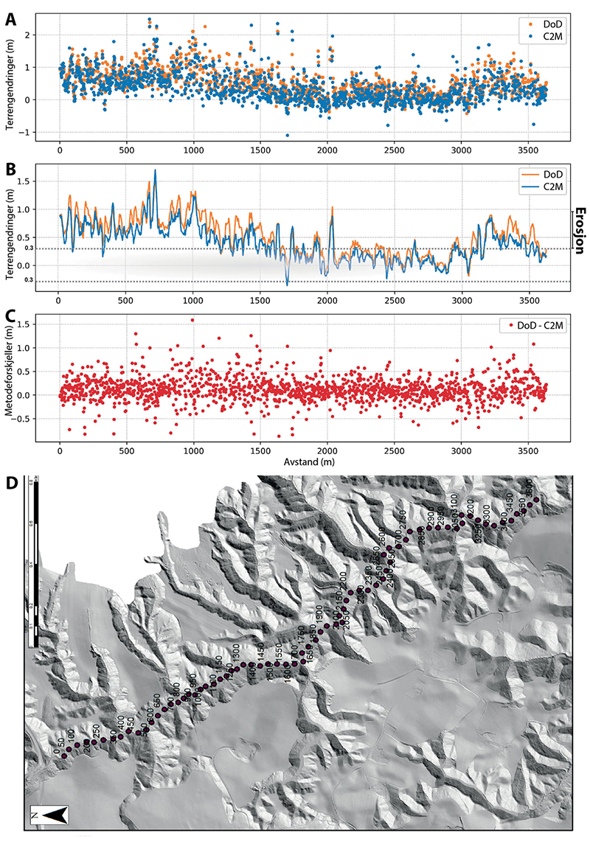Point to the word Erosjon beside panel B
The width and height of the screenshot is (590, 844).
pos(580,230)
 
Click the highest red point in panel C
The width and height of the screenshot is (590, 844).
pos(192,320)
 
